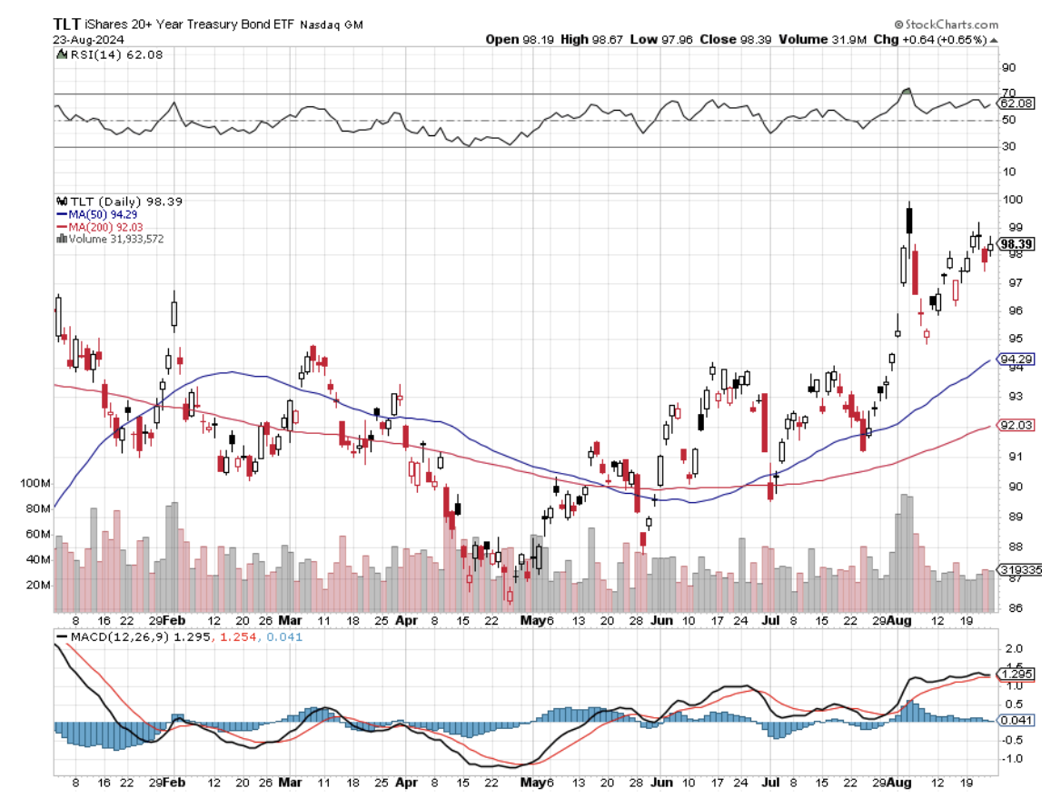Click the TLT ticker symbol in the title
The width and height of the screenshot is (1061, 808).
click(x=67, y=25)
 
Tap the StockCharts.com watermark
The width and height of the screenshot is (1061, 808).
click(x=948, y=25)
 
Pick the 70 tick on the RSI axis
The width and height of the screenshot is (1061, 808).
click(x=1007, y=94)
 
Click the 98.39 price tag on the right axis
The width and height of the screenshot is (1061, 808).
click(x=1013, y=244)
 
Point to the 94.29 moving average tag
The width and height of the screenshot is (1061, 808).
click(x=1013, y=360)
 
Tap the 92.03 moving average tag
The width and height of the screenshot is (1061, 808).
click(x=1013, y=426)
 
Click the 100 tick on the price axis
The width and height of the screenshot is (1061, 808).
click(x=1010, y=200)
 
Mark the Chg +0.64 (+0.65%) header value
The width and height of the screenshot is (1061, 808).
click(x=945, y=40)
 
